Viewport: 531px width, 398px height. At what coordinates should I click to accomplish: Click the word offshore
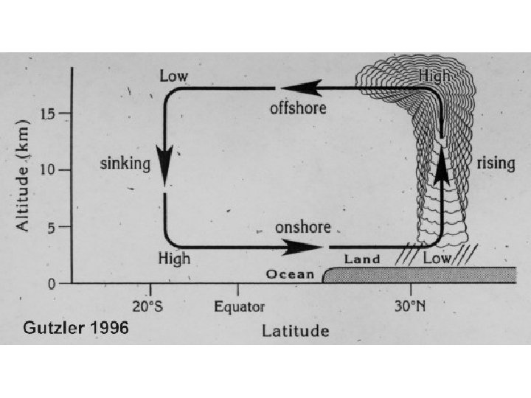coord(298,108)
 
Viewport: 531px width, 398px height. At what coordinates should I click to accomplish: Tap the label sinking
coord(125,163)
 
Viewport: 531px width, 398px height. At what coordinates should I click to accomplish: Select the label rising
coord(496,163)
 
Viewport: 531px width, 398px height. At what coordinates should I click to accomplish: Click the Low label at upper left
coord(173,76)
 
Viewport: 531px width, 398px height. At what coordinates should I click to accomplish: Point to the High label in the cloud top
coord(434,75)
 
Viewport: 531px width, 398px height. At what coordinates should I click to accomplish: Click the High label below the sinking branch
coord(174,258)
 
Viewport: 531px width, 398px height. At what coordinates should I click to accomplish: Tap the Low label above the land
coord(437,259)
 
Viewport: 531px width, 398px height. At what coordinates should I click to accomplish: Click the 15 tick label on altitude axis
coord(47,114)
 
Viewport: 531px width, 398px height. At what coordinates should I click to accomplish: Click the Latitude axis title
coord(296,330)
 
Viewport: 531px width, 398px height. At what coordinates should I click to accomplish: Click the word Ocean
coord(289,275)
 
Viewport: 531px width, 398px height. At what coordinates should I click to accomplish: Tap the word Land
coord(362,259)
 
